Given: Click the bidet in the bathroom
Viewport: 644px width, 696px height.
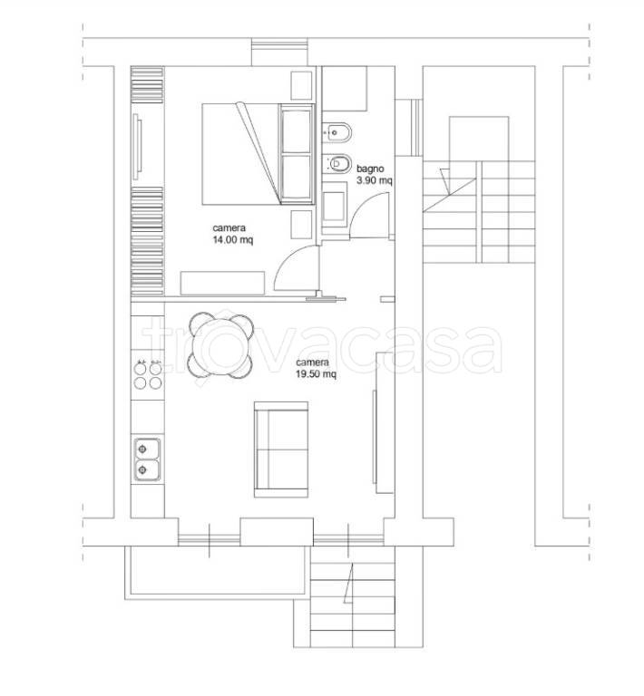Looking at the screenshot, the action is point(337,132).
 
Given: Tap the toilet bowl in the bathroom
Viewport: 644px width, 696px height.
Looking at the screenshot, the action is point(337,164).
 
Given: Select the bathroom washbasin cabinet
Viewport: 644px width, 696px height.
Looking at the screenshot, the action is point(334,208).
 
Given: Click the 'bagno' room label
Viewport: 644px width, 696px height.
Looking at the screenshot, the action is point(370,169).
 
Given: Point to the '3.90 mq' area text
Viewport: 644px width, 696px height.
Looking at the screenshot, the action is point(375,180).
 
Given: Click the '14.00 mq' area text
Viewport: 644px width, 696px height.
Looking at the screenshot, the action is point(233,240).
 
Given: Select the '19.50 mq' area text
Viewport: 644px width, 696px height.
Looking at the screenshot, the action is point(316,374).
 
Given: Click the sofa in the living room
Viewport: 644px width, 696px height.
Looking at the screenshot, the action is point(281,449).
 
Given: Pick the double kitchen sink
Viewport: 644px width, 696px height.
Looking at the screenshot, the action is point(148,459).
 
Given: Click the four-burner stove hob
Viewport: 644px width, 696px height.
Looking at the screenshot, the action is point(148,375).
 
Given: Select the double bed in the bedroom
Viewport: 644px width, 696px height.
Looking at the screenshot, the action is point(259,153).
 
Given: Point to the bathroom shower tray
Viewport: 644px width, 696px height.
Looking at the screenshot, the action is point(344,88).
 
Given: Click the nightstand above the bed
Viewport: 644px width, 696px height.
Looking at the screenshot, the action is point(301,85).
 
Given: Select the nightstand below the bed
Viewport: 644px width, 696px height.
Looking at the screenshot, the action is point(301,224).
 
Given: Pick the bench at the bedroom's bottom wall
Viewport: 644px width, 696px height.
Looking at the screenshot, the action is point(222,283).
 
